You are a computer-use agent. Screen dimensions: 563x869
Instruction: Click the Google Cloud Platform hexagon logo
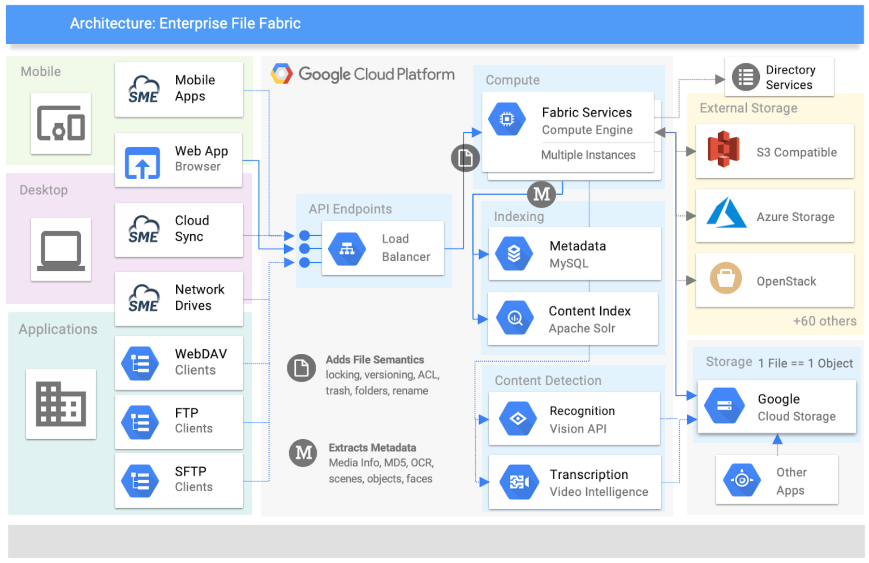pos(281,74)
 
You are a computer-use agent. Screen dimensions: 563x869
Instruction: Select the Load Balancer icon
pos(347,249)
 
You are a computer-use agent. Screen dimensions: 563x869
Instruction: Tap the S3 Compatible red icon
pos(723,149)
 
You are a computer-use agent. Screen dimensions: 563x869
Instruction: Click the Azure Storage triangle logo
pos(726,213)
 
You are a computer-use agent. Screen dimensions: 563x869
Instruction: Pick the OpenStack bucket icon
pos(725,278)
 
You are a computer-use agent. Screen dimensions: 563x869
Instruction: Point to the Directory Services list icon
pos(746,77)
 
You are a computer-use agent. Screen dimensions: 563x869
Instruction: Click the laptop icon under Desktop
pos(61,250)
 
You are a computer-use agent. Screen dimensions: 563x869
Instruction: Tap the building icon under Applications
pos(61,404)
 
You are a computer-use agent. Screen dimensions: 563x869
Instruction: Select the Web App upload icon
pos(142,163)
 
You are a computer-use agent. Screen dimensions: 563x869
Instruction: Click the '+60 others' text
pos(824,321)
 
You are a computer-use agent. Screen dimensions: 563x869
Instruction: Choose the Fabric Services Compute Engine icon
pos(507,119)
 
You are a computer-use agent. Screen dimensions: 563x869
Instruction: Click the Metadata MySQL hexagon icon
pos(513,254)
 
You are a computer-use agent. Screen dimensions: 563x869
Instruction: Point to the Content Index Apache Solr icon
pos(514,318)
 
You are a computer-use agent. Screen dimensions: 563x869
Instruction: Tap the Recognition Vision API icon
pos(518,419)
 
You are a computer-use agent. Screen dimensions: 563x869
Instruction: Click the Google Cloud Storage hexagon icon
pos(724,406)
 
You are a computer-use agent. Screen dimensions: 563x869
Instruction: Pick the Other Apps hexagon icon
pos(742,480)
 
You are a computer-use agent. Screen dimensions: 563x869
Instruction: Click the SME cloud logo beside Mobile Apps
pos(144,90)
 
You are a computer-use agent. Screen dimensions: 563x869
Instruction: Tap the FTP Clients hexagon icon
pos(140,422)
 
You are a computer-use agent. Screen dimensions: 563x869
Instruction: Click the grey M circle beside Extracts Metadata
pos(303,453)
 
